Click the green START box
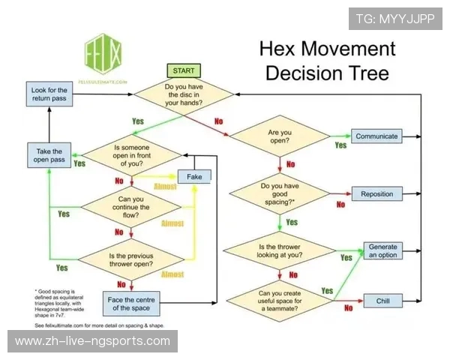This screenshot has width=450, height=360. coord(183,70)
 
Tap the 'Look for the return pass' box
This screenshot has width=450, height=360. coord(49,94)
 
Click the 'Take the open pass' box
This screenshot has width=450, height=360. coord(49,155)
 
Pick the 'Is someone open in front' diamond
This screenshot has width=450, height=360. coord(131,155)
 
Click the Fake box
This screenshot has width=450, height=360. coord(193,175)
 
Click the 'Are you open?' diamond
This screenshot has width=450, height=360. coord(279,136)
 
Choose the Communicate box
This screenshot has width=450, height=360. coord(376,136)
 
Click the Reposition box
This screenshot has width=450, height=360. coord(376,193)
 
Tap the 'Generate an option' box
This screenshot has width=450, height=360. coord(382,250)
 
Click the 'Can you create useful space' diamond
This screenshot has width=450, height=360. coord(279,301)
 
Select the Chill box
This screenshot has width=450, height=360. coord(376,301)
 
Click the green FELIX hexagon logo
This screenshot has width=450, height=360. coord(103,55)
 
